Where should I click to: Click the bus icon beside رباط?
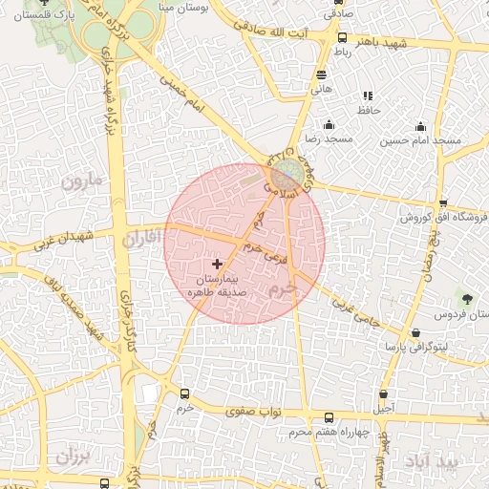342,38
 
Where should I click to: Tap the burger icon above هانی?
319,74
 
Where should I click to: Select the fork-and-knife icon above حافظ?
368,96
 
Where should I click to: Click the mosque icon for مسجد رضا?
329,124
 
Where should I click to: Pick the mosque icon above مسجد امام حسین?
420,126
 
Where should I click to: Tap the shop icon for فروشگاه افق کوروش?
443,202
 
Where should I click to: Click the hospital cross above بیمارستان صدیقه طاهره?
218,263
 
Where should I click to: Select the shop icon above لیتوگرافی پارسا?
415,332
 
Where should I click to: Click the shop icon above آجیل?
383,393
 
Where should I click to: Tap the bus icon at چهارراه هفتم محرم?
329,417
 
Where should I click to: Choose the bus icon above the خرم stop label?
184,393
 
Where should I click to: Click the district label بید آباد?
458,461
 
